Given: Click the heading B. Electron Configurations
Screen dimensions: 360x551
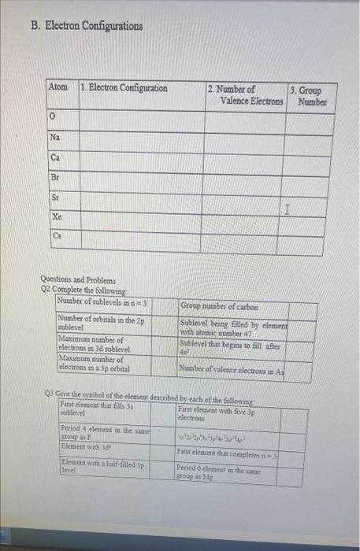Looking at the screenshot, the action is tap(87, 26).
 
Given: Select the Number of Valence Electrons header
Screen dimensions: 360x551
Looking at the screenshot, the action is tap(246, 94).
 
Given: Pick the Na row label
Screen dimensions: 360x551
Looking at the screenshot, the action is tap(54, 136).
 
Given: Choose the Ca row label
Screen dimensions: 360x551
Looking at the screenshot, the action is tap(54, 157).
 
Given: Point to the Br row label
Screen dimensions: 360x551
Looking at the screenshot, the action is tap(54, 178).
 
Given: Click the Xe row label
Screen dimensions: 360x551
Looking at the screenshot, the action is tap(55, 216).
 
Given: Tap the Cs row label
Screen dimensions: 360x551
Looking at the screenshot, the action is tap(54, 235).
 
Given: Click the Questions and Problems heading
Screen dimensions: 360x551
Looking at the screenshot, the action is tap(78, 279).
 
